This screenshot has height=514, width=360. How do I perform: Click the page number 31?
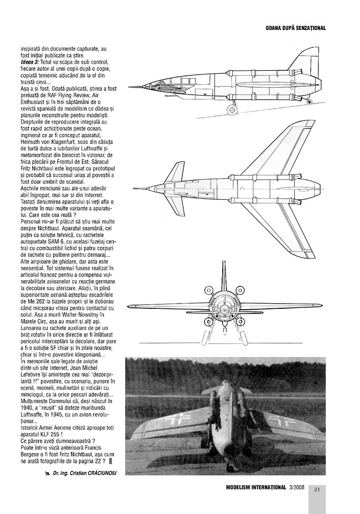point(317,490)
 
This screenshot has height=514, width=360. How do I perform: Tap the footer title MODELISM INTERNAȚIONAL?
point(255,487)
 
